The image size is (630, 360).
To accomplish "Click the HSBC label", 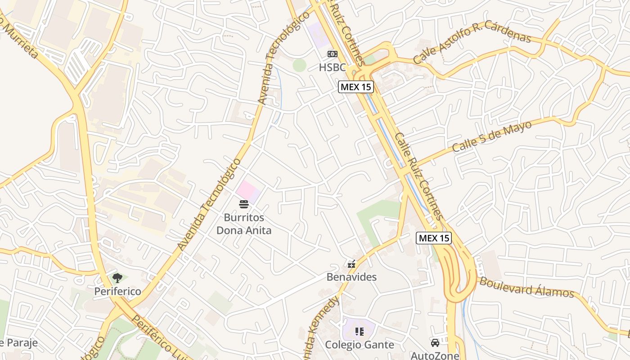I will (332, 67).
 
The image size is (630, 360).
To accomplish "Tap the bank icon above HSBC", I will (332, 54).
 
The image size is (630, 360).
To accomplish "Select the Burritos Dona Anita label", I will (244, 224).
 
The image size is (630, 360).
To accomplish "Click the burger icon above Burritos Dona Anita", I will (244, 204).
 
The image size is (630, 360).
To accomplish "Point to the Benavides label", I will (351, 277).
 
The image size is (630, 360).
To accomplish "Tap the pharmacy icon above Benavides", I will (351, 264).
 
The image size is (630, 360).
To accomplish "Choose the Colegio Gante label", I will (360, 345).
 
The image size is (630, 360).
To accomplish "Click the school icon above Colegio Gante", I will (360, 332).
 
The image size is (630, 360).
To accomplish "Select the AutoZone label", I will (435, 355).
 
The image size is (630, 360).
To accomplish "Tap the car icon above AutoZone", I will (435, 343).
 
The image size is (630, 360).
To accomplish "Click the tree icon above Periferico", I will (117, 278).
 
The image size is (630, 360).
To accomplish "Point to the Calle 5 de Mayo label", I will (492, 136).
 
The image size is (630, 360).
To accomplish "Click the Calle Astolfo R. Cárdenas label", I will (472, 43).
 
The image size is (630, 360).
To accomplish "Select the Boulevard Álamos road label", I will (526, 288).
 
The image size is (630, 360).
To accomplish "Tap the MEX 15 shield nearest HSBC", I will (356, 87).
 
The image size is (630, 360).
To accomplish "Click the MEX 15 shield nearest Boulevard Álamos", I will (434, 238).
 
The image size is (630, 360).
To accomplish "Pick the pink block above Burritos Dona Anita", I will (248, 191).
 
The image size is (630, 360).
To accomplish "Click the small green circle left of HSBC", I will (299, 65).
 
